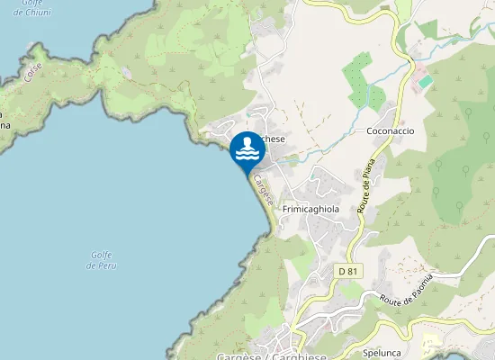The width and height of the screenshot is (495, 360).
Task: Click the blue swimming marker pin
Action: (247, 151)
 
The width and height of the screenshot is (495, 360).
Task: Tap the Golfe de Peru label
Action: (102, 261)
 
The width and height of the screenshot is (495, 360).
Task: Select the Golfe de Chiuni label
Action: (26, 8)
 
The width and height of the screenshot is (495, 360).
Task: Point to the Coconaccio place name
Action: (390, 131)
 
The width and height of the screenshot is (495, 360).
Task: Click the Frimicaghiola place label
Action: (310, 209)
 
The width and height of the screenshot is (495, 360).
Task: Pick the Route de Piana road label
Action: (366, 193)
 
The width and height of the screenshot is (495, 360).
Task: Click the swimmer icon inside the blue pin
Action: (247, 149)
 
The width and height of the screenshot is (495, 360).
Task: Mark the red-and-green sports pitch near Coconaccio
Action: (423, 81)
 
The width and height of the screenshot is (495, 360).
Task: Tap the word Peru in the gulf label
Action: (108, 266)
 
